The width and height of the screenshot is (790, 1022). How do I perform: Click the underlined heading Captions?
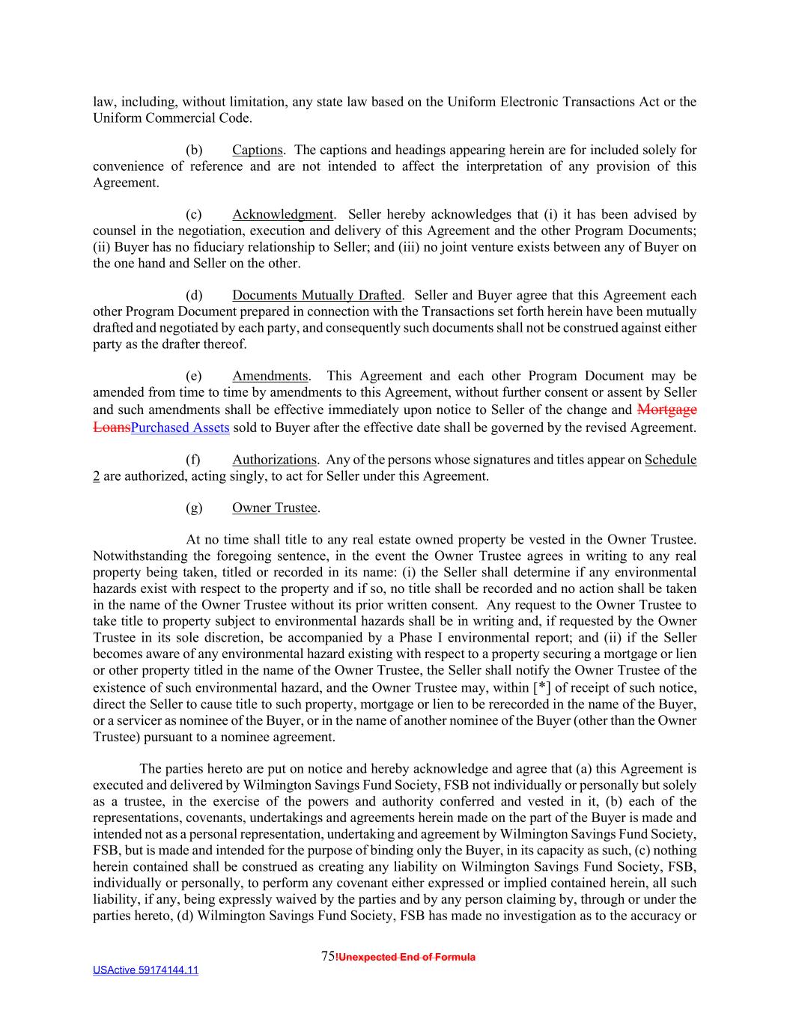(258, 150)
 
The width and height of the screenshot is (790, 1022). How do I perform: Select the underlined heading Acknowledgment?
(282, 215)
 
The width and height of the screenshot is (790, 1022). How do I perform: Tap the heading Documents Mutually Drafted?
(317, 295)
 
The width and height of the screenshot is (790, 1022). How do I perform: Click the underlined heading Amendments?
(270, 376)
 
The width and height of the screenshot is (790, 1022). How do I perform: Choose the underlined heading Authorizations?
(274, 460)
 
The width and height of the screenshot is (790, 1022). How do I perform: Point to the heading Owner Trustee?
(274, 508)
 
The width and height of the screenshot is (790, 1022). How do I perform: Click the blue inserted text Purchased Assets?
(180, 428)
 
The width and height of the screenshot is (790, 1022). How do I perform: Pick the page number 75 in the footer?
(327, 956)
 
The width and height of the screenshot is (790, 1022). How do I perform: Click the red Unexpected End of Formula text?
(406, 957)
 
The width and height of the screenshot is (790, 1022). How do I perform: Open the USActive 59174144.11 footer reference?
(145, 970)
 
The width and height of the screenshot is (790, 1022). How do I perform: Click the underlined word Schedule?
(670, 460)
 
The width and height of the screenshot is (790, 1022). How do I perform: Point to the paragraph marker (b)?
(194, 150)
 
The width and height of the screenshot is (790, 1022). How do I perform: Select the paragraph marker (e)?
(194, 376)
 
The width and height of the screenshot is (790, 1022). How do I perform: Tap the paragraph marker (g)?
(194, 508)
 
